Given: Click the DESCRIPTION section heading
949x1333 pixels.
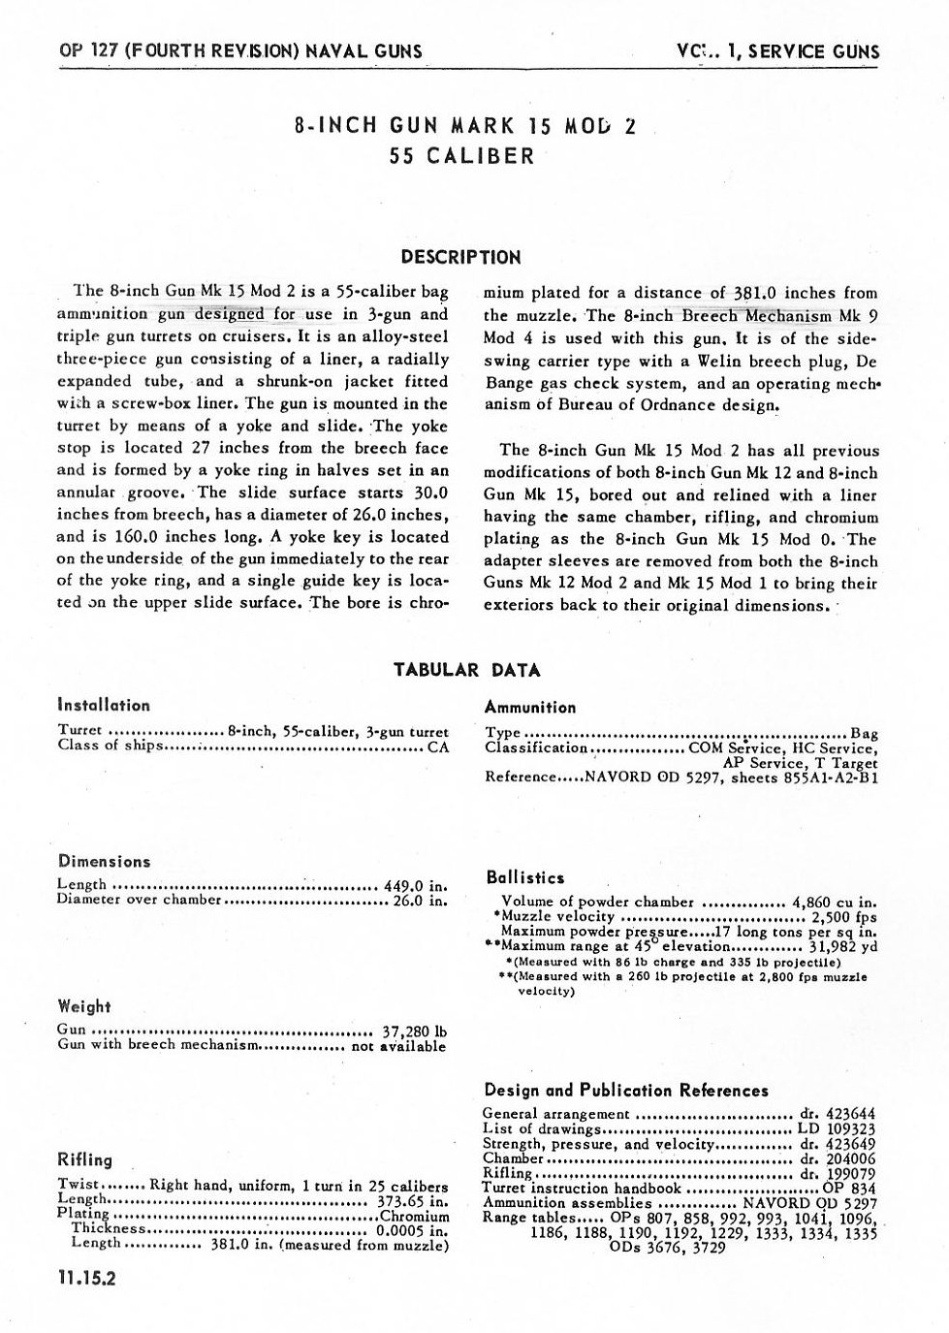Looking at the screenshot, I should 460,258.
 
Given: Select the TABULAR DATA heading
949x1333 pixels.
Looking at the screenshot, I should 466,670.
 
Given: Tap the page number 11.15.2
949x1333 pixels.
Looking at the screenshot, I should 87,1279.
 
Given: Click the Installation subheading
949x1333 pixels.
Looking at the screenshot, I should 104,706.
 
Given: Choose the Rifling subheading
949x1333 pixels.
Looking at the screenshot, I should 85,1160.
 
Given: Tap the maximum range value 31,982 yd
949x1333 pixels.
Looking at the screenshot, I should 842,946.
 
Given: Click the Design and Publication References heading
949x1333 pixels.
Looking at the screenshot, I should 625,1091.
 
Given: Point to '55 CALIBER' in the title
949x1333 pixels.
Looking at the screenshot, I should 461,156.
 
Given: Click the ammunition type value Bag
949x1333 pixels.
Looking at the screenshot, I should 863,733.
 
